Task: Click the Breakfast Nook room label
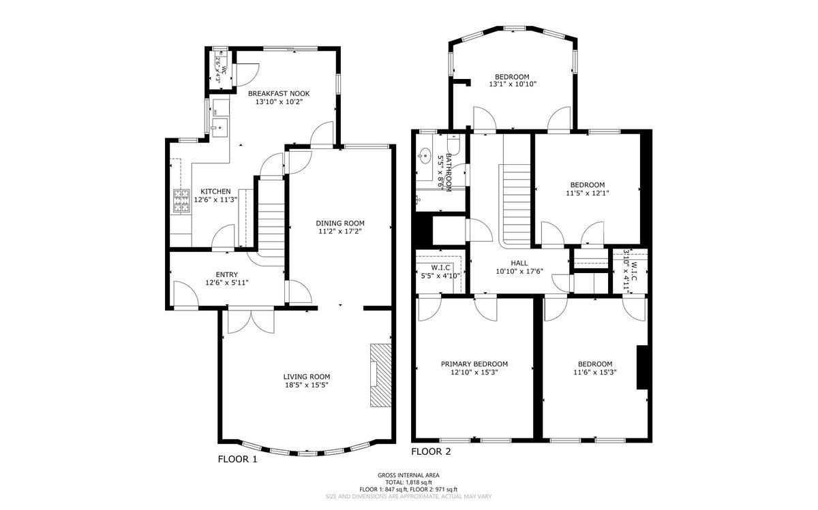[x=279, y=93]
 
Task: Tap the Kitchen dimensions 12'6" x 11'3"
[x=215, y=200]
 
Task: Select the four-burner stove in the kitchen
[x=181, y=201]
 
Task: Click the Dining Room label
[x=340, y=223]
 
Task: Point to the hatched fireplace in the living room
[x=380, y=375]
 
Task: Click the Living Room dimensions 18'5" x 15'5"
[x=307, y=385]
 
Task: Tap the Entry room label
[x=227, y=274]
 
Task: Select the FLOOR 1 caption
[x=237, y=460]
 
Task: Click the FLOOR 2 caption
[x=431, y=451]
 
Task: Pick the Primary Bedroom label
[x=474, y=364]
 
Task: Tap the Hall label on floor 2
[x=519, y=263]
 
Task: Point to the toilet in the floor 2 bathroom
[x=453, y=144]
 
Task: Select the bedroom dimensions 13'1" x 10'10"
[x=513, y=84]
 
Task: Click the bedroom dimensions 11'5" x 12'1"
[x=587, y=193]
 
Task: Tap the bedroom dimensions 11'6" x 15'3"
[x=595, y=372]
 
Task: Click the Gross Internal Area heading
[x=408, y=475]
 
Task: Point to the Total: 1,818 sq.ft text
[x=408, y=482]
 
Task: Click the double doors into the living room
[x=251, y=321]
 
